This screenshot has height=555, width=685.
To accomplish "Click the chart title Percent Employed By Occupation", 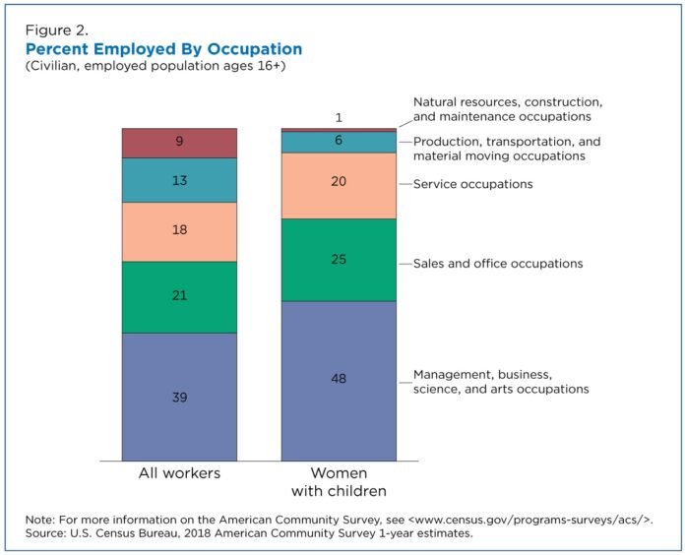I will point(163,49).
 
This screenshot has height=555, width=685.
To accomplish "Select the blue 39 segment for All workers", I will point(179,397).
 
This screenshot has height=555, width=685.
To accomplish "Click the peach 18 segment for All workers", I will point(179,231).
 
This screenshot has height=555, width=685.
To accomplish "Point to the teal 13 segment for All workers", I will point(179,180).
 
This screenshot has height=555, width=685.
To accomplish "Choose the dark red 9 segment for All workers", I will point(179,143).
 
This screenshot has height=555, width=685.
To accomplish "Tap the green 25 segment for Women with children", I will point(339,260).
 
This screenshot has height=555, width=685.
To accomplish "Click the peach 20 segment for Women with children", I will point(339,185).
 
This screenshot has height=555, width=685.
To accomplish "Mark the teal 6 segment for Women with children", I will point(339,142).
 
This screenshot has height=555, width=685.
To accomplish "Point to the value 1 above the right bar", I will point(339,118).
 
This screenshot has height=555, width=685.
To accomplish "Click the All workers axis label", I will point(179,473).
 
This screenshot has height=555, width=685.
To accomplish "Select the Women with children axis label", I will point(339,481).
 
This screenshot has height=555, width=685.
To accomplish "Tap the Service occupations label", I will point(472,184).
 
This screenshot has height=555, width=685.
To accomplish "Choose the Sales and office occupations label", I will point(498,264).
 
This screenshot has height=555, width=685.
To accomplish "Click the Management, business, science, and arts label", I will point(501,382).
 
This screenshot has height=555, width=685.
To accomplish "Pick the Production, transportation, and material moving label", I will point(507,149).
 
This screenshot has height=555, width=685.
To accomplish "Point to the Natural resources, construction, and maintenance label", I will point(508,109).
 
